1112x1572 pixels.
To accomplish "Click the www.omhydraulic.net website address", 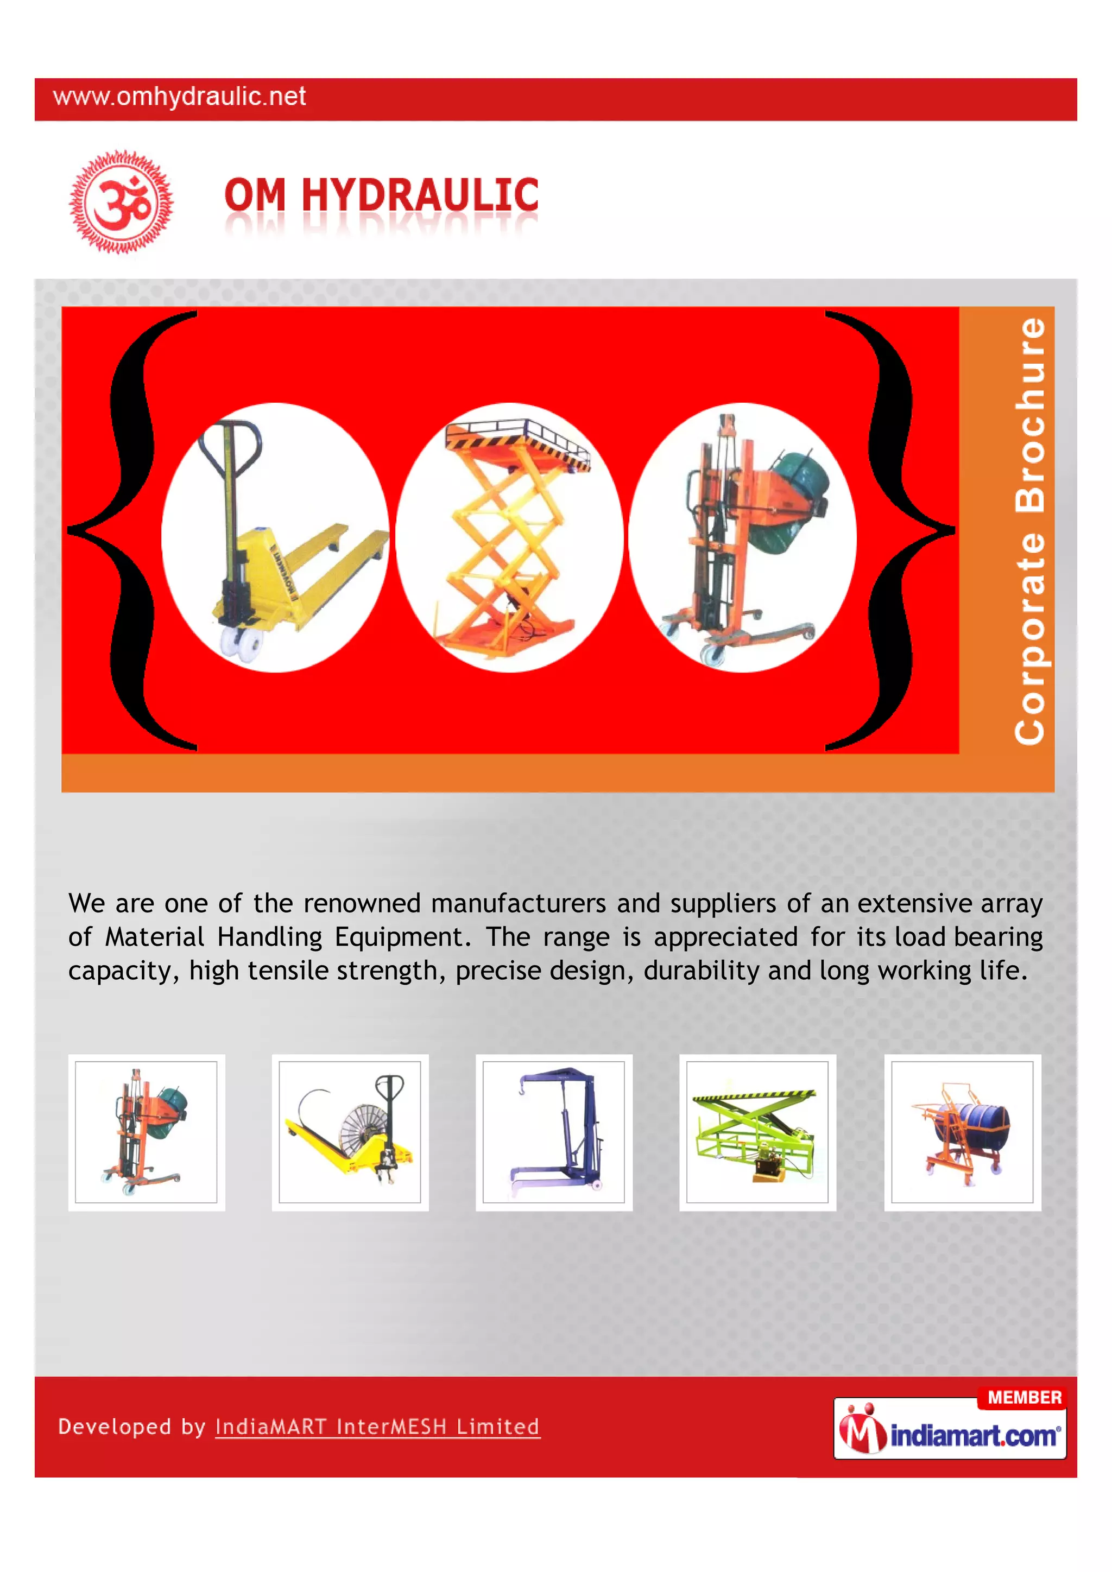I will click(179, 97).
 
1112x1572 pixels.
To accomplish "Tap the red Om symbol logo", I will click(121, 201).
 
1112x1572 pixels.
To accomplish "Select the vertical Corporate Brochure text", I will click(1030, 531).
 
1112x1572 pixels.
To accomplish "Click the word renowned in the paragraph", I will click(362, 904).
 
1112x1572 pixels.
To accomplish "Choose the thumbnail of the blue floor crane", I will click(554, 1132).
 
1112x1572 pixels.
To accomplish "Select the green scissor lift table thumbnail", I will click(757, 1132).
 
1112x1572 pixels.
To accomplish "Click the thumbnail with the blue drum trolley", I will click(962, 1132).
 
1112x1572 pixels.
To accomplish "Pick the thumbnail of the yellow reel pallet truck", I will click(350, 1132).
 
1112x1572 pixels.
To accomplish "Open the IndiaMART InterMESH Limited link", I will click(377, 1427).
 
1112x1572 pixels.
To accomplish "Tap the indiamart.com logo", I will click(952, 1434).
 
